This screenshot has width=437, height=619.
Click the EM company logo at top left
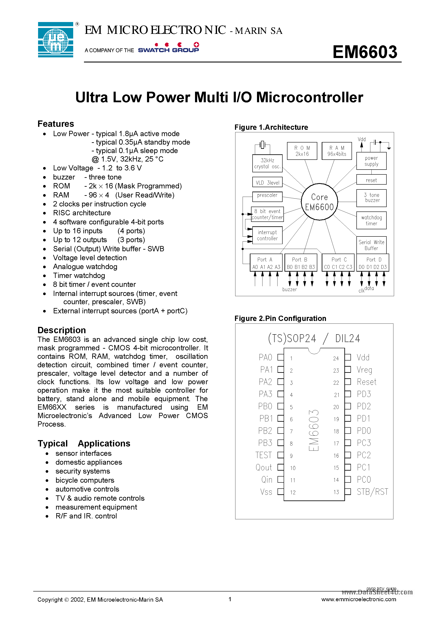55,40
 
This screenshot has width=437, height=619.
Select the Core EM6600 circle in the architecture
319,202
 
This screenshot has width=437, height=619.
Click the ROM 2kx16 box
302,151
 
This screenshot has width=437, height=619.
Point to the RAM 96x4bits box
337,151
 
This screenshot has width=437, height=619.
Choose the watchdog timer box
371,220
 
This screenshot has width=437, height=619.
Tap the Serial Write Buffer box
371,245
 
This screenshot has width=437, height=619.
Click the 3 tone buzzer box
371,198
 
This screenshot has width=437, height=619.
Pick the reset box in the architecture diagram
371,180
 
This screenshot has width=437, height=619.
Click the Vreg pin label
364,370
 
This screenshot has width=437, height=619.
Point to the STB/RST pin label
372,492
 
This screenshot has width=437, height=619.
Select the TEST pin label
264,455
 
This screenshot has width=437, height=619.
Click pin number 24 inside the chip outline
336,358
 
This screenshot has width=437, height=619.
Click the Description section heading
62,330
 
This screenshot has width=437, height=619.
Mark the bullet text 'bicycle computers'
85,480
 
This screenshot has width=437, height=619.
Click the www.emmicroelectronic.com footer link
359,599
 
